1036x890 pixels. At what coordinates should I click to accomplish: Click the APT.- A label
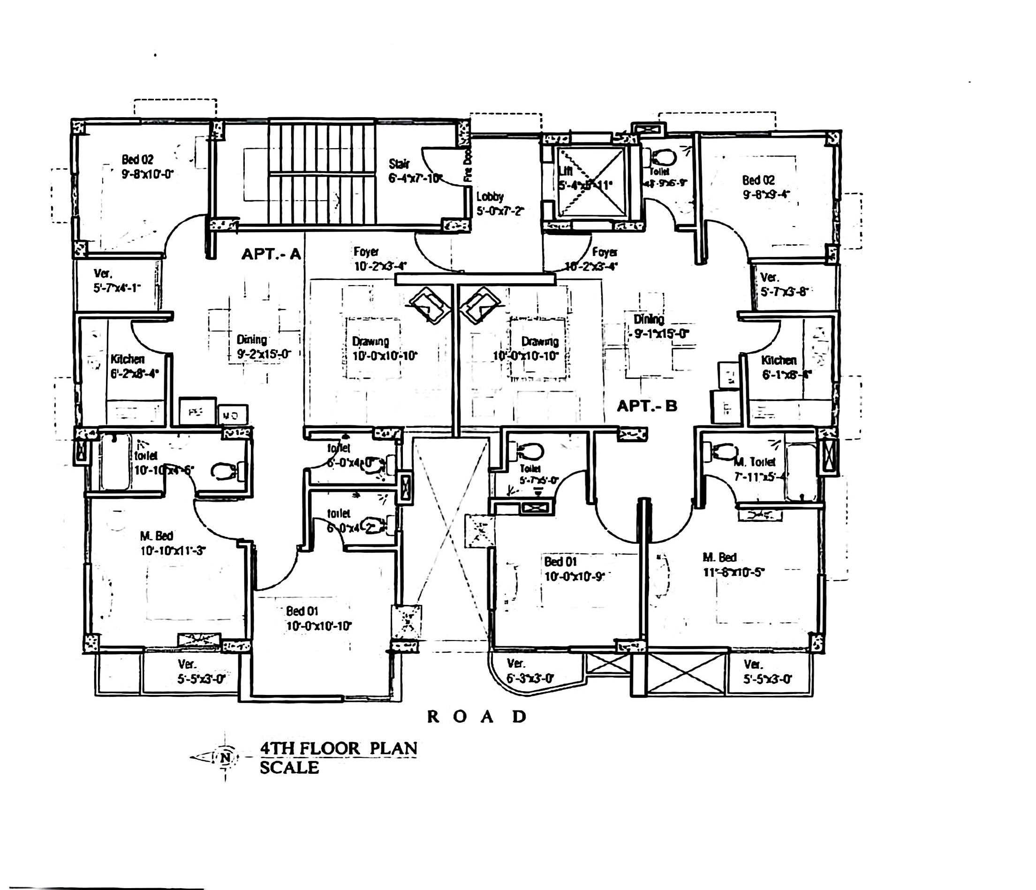[271, 254]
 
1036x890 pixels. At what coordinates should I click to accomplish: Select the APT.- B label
[647, 406]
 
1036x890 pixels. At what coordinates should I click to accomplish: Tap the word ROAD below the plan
[477, 717]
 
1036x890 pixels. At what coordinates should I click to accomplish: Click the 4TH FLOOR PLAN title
[339, 748]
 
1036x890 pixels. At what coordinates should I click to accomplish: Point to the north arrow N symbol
[226, 757]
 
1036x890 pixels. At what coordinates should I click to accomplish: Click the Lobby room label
[490, 196]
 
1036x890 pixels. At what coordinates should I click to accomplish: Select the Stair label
[399, 164]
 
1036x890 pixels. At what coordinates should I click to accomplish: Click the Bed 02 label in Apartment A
[137, 159]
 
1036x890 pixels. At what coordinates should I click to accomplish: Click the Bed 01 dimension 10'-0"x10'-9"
[575, 576]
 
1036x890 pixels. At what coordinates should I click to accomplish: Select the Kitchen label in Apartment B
[779, 360]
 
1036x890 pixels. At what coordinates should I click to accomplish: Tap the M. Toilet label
[755, 462]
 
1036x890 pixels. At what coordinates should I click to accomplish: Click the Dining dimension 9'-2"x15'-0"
[264, 354]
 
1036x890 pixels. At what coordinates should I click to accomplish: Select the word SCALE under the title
[289, 768]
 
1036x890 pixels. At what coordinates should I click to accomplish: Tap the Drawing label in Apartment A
[371, 341]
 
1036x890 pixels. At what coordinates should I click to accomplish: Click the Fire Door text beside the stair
[468, 167]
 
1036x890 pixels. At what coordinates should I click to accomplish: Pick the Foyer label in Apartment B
[605, 251]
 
